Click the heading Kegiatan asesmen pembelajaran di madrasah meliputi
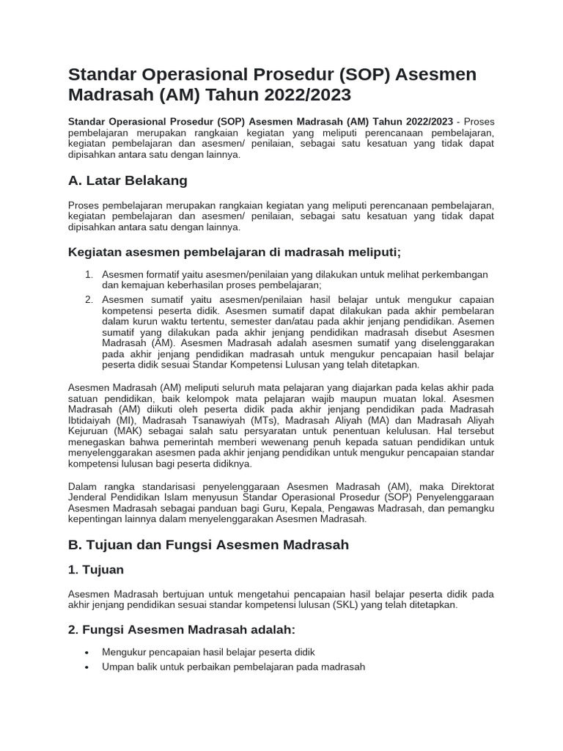pyautogui.click(x=234, y=252)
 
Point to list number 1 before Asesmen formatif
pyautogui.click(x=89, y=274)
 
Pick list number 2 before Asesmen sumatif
pyautogui.click(x=89, y=299)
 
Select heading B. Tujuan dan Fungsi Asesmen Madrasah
pyautogui.click(x=208, y=544)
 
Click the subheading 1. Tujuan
pyautogui.click(x=96, y=570)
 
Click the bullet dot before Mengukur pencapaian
pyautogui.click(x=87, y=652)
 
